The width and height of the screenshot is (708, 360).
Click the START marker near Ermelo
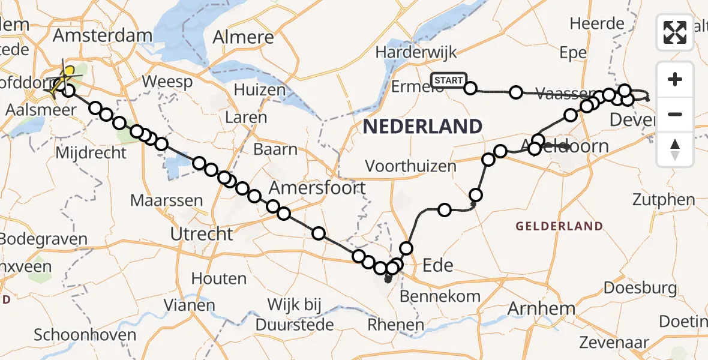click(449, 80)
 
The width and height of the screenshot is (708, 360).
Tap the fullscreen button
click(675, 32)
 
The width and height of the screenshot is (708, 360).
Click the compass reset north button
click(675, 149)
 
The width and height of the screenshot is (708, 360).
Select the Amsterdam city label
click(103, 35)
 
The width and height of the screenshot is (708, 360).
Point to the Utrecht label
click(202, 233)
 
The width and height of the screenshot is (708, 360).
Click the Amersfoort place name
click(317, 188)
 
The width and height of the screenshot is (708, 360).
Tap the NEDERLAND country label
click(422, 127)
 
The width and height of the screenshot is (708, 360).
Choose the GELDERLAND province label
click(559, 226)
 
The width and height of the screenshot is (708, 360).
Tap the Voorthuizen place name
click(410, 166)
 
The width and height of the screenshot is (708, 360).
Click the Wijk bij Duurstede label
click(294, 315)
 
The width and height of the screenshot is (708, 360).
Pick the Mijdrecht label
click(91, 153)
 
